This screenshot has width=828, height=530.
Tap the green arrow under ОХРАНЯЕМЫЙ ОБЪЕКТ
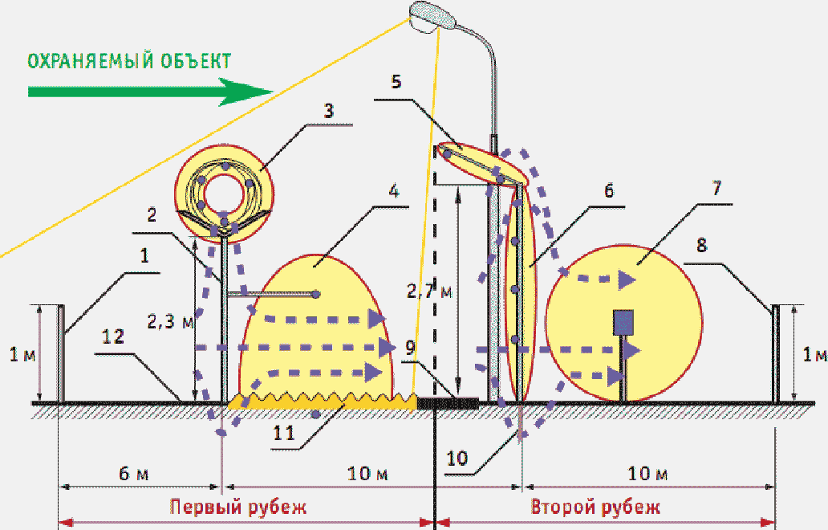click(x=151, y=92)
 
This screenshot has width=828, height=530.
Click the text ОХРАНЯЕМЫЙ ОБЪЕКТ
click(x=129, y=61)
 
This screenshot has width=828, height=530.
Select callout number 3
click(x=328, y=112)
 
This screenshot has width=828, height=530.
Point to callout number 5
click(x=396, y=82)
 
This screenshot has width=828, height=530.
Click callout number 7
click(x=716, y=188)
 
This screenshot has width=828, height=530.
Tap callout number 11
click(x=283, y=434)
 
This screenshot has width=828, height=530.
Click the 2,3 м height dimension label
click(x=170, y=320)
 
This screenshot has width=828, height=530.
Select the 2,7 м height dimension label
click(x=429, y=291)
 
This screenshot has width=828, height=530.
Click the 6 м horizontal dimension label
click(x=134, y=474)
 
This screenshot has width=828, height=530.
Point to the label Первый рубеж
click(x=238, y=508)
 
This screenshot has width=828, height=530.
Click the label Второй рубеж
click(x=595, y=508)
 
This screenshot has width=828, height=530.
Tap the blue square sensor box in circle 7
click(x=623, y=322)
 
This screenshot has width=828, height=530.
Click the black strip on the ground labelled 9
click(x=448, y=403)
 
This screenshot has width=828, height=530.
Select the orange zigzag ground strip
click(x=322, y=402)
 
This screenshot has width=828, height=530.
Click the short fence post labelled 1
click(x=61, y=353)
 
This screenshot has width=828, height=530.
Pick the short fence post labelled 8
click(x=776, y=353)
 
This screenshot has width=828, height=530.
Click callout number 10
click(x=457, y=459)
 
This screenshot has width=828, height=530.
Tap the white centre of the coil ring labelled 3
click(x=224, y=194)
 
